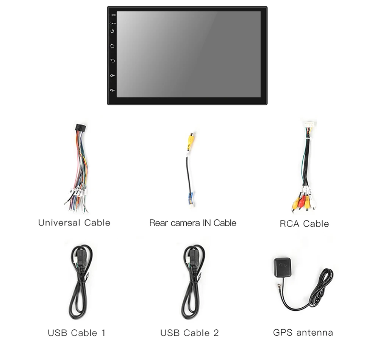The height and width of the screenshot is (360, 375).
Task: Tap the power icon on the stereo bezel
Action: [112, 31]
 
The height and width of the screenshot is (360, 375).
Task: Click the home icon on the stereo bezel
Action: [112, 46]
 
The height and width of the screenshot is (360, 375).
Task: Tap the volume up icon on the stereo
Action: [112, 75]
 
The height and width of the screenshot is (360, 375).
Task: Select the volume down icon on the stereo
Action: [112, 90]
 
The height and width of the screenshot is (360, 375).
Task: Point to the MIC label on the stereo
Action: [113, 15]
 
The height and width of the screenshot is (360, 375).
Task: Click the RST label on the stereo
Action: [114, 23]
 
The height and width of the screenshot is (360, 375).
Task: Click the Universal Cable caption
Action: [74, 223]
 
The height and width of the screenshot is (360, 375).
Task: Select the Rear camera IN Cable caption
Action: [192, 223]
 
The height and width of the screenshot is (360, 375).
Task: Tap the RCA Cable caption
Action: [304, 224]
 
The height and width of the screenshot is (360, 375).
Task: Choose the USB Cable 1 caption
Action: [77, 333]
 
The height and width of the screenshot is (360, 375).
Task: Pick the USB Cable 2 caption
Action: [189, 333]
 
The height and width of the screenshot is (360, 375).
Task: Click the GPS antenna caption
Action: [303, 333]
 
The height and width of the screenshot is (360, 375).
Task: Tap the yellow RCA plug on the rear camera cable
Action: [191, 140]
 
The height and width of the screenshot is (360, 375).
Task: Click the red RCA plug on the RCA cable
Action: [302, 203]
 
